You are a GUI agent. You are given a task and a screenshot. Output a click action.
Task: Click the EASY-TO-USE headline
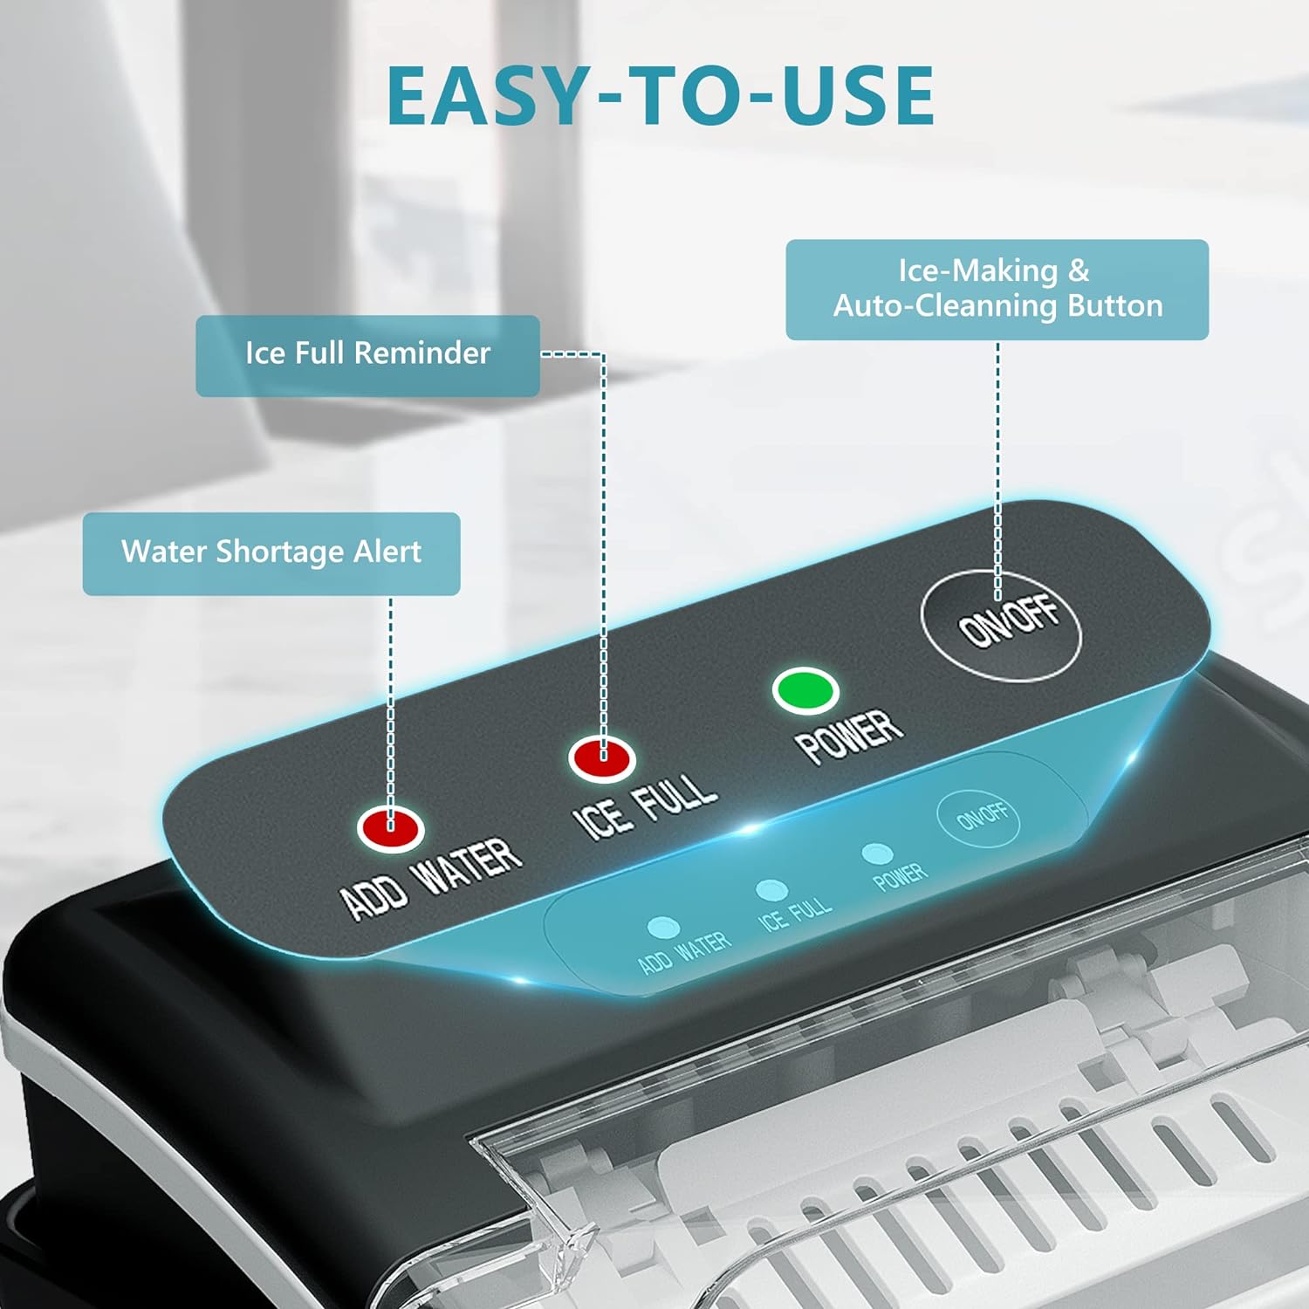pos(661,96)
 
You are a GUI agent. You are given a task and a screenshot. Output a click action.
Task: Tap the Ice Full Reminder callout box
pos(367,355)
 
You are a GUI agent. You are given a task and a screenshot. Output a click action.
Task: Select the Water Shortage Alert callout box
pos(271,553)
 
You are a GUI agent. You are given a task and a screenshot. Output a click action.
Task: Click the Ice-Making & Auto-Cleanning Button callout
pos(997,289)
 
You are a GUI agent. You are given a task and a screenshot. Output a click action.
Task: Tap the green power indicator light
pos(805,689)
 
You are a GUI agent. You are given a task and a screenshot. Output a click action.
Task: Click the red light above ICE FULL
pos(602,757)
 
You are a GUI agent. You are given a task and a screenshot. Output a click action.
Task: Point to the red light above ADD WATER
pos(390,827)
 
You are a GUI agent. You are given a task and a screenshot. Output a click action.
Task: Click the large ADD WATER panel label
pos(431,879)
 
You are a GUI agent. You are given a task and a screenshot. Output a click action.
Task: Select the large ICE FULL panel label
pos(645,807)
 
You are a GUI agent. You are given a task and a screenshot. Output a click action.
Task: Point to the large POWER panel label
pos(848,735)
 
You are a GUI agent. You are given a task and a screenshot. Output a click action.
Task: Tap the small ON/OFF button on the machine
pos(978,818)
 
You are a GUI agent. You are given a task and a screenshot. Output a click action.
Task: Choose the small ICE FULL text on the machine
pos(795,914)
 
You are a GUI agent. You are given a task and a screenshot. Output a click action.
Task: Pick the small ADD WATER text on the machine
pos(684,952)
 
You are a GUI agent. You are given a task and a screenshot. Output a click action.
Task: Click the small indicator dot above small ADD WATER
pos(663,927)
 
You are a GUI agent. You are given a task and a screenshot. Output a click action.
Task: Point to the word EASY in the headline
pos(489,96)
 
